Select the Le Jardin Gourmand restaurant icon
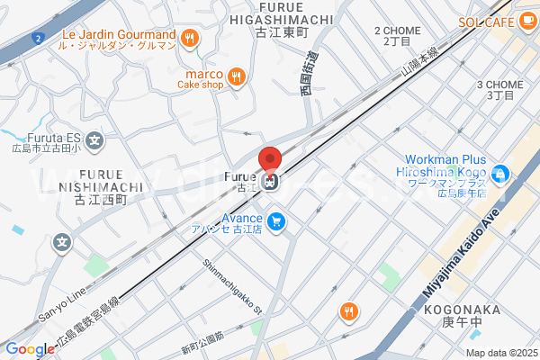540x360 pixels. coord(189,37)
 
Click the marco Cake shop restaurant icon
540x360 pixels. coord(235,76)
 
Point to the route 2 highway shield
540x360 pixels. coord(37,38)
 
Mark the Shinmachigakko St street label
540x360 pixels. coord(232,287)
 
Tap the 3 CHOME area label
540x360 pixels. coord(500,89)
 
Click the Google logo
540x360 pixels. coord(30,349)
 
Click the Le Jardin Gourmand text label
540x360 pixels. coord(119,36)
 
